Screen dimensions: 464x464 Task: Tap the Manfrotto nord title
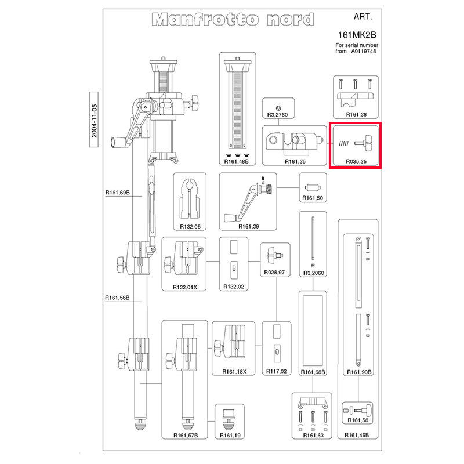click(x=233, y=20)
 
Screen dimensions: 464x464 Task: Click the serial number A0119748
click(x=363, y=51)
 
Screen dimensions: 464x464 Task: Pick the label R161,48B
click(x=237, y=162)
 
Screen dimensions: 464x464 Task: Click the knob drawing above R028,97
click(x=274, y=253)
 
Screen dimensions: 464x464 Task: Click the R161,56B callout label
click(x=117, y=298)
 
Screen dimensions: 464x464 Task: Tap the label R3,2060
click(x=313, y=272)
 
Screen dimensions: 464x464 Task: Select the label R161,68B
click(x=313, y=372)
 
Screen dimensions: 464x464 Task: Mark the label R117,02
click(x=275, y=372)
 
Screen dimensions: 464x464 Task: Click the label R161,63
click(x=313, y=435)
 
